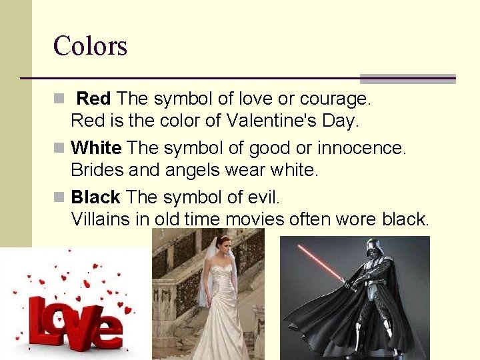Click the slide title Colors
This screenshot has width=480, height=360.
coord(90,46)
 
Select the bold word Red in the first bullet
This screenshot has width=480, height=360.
coord(93,99)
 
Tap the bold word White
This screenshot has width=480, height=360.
coord(96,147)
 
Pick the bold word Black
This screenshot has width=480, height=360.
coord(95,197)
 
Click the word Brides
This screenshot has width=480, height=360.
coord(97,169)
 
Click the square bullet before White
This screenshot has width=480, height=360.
coord(59,147)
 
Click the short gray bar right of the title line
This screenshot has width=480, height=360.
coord(407,79)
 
